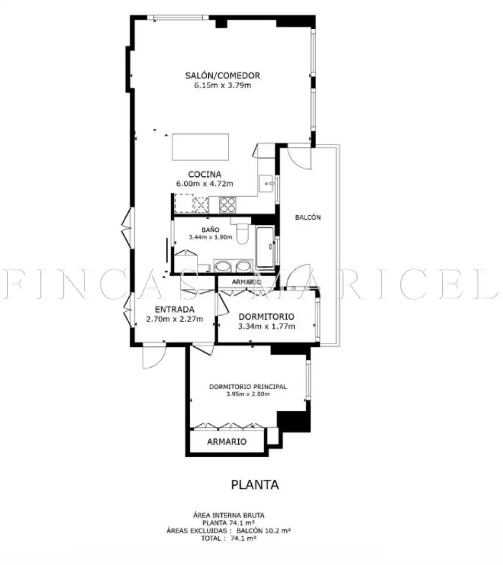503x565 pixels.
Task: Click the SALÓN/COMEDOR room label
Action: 222,75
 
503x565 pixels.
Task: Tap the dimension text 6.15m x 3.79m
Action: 222,85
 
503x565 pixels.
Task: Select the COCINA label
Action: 205,174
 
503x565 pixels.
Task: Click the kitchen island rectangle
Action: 200,147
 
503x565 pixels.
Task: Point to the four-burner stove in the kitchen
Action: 228,205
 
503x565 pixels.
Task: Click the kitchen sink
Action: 267,184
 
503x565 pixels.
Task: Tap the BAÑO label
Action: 210,230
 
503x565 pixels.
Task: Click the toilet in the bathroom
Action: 242,232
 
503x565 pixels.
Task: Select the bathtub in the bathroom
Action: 265,247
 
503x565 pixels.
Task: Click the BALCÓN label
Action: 308,217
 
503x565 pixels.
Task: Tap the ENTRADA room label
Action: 174,310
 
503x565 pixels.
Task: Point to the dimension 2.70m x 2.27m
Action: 174,319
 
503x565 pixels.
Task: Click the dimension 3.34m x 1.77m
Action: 266,326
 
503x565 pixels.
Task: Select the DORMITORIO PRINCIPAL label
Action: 248,387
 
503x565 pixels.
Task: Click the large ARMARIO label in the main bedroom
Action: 227,442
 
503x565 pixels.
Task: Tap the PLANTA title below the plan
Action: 255,484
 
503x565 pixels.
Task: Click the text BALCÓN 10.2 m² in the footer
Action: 264,531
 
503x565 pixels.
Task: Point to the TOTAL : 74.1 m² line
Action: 229,538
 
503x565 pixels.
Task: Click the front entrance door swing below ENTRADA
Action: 154,356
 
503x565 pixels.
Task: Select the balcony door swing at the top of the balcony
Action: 299,157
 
